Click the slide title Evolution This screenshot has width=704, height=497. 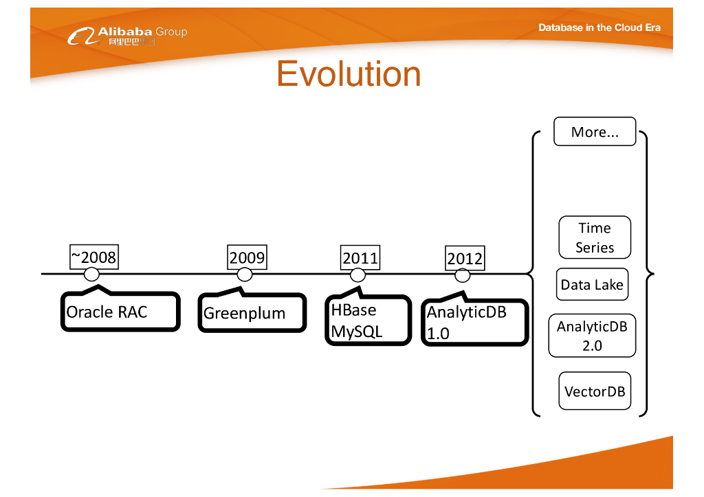coord(349,74)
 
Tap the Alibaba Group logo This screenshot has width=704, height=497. coord(127,36)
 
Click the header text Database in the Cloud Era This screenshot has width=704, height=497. coord(599,27)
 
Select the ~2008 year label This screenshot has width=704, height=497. coord(93,257)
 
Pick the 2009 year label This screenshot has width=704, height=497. coord(247,257)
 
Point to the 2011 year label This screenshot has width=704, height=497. coord(360,258)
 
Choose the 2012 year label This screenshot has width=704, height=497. coord(465,259)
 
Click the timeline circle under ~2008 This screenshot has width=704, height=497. coord(91,275)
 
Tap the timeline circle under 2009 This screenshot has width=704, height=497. coord(245,275)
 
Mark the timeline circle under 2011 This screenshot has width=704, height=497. coord(357,275)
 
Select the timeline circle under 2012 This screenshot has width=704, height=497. coord(463,275)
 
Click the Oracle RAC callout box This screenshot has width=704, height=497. coord(120,312)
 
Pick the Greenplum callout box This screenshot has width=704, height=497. coord(252,314)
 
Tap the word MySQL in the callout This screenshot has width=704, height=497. coord(356,332)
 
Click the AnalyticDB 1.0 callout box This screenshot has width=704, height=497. coord(474,323)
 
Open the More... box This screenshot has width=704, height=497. coord(595,132)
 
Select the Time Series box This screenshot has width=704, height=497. coord(595,238)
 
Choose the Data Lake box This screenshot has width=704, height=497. coord(592,285)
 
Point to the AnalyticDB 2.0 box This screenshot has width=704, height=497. coord(592,336)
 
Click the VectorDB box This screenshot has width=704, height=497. coord(595,391)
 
